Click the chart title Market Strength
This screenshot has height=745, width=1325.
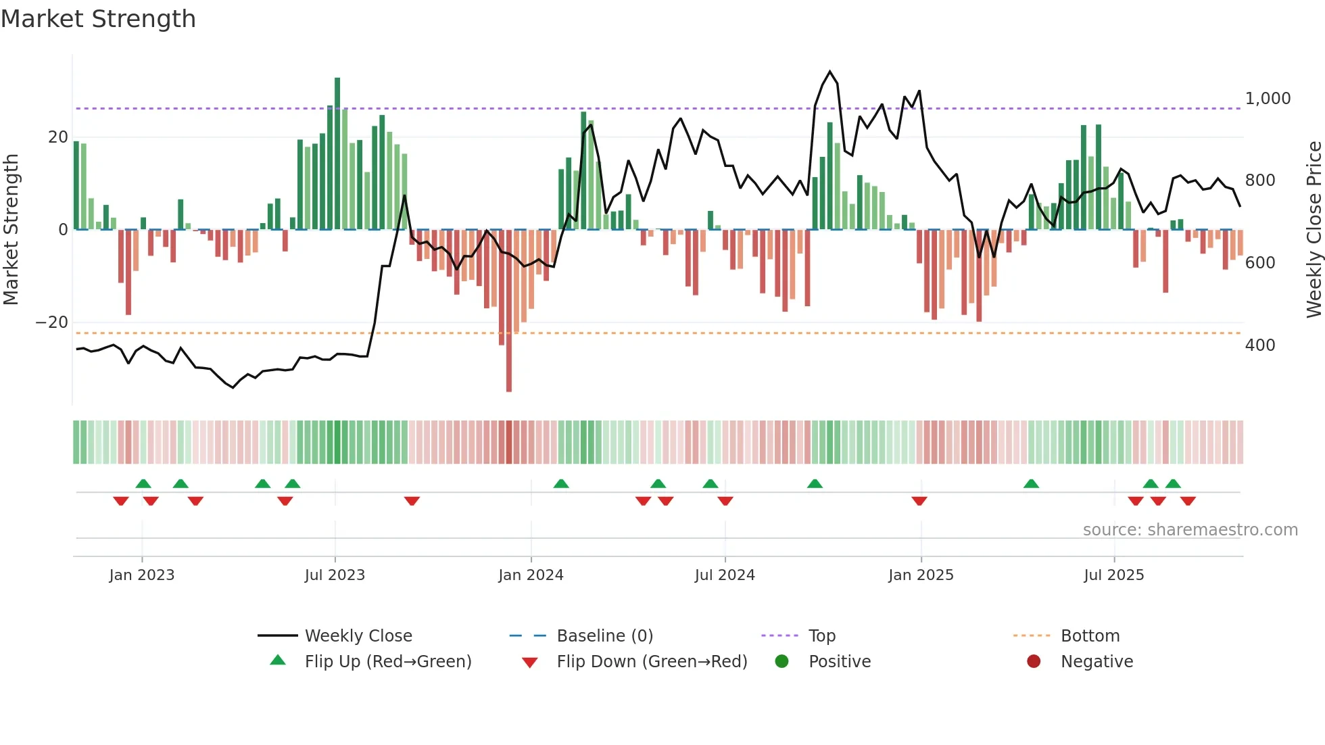click(98, 19)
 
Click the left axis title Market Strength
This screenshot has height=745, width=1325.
click(11, 229)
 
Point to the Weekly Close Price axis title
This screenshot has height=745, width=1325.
click(1314, 229)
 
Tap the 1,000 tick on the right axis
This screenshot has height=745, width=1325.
click(1268, 99)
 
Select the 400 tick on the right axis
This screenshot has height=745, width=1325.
click(1260, 345)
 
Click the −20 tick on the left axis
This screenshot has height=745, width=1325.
click(52, 322)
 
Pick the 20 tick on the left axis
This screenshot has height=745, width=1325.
click(58, 137)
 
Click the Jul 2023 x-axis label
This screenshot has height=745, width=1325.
click(335, 575)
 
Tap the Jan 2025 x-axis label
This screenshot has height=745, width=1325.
click(921, 575)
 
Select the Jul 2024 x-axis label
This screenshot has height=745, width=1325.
click(725, 575)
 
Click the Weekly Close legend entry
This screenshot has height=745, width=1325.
click(358, 636)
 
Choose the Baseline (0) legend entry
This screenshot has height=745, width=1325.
click(604, 636)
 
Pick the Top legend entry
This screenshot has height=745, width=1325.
click(822, 636)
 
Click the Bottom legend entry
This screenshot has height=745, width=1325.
click(1090, 636)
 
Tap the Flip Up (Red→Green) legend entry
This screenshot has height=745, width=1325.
click(387, 662)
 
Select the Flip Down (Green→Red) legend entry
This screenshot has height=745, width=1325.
click(652, 662)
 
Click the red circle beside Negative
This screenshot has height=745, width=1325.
click(1034, 662)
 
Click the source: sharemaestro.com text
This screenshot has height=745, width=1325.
click(1190, 530)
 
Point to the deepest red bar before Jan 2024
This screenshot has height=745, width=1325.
click(509, 311)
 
